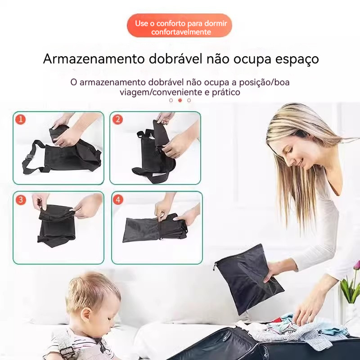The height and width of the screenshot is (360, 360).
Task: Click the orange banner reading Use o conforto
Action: pyautogui.click(x=180, y=26)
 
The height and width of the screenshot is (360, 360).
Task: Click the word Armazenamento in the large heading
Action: pyautogui.click(x=94, y=59)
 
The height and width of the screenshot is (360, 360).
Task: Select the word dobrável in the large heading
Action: pyautogui.click(x=175, y=58)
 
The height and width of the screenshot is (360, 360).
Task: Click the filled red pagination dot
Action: pyautogui.click(x=180, y=100)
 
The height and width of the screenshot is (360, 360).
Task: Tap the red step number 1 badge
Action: pyautogui.click(x=20, y=119)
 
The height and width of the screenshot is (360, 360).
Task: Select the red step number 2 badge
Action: pyautogui.click(x=117, y=119)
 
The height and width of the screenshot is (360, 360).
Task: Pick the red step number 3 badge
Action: pyautogui.click(x=21, y=200)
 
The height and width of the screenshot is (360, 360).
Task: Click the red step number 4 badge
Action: pyautogui.click(x=118, y=200)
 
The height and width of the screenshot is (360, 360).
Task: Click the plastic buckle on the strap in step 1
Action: pyautogui.click(x=29, y=157)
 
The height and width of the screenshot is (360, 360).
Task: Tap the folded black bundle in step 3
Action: pyautogui.click(x=57, y=225)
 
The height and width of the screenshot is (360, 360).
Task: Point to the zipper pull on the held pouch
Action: pyautogui.click(x=215, y=267)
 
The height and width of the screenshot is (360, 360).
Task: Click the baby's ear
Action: pyautogui.click(x=87, y=315)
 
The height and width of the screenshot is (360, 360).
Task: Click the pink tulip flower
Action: pyautogui.click(x=357, y=265)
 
